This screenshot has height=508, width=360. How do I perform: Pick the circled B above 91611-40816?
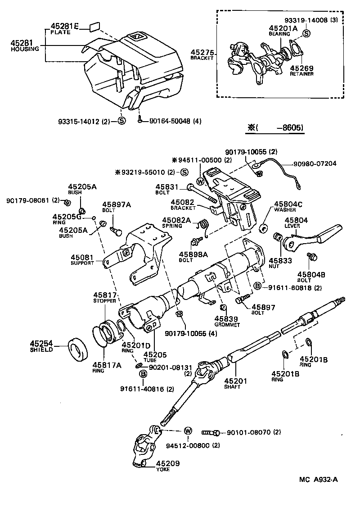(143, 374)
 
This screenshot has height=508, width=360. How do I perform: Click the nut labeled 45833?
(278, 237)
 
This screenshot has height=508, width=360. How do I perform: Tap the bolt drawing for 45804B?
(311, 257)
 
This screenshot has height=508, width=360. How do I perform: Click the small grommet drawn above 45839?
(222, 308)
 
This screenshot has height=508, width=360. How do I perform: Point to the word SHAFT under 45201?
(234, 387)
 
